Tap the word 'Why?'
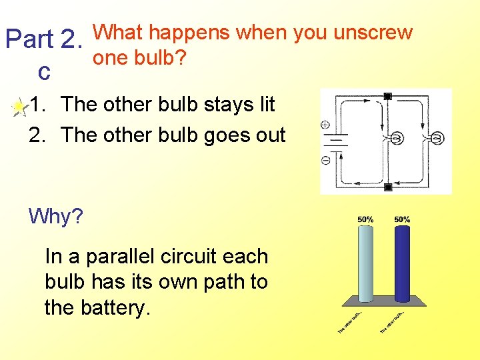(56, 217)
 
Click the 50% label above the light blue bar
(365, 219)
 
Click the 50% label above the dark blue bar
(402, 219)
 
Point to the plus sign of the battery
(325, 125)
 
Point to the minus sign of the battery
(325, 160)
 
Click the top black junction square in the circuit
(387, 97)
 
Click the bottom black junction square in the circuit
(387, 187)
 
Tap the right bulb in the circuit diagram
(437, 139)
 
